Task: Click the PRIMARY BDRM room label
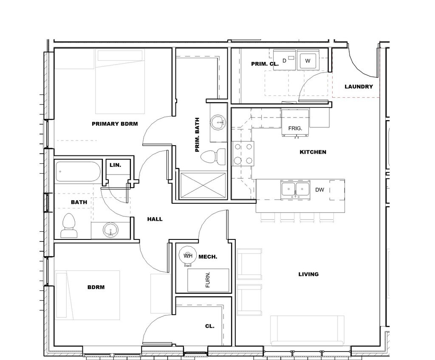tap(115, 124)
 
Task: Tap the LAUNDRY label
tap(359, 87)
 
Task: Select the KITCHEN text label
tap(313, 152)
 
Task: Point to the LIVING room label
tap(308, 274)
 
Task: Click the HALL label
tap(155, 219)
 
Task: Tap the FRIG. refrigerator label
tap(295, 128)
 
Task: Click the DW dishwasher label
tap(320, 190)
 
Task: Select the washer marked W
tap(308, 61)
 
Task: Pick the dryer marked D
tap(285, 61)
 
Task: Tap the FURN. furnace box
tap(208, 280)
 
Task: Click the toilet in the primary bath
tap(215, 157)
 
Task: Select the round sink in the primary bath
tap(219, 123)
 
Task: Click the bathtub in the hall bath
tap(77, 172)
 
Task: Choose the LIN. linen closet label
tap(115, 165)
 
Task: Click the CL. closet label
tap(209, 326)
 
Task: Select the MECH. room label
tap(208, 257)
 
